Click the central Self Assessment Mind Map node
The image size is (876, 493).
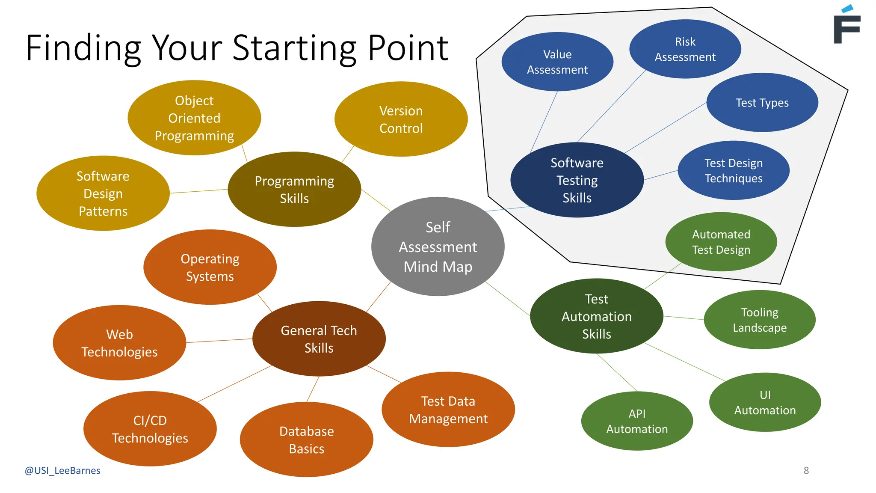(438, 246)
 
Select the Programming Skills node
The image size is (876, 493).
(294, 189)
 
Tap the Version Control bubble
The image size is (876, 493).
(401, 119)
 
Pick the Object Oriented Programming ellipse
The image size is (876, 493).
(194, 118)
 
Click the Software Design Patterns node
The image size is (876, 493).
(103, 193)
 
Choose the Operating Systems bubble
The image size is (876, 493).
(210, 267)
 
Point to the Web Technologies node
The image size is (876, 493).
(119, 343)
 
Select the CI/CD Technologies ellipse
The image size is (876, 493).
(150, 429)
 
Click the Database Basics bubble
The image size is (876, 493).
(306, 440)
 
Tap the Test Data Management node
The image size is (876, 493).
(448, 410)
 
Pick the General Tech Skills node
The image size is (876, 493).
(319, 339)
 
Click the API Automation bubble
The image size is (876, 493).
(636, 421)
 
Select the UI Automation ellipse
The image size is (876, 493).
(765, 402)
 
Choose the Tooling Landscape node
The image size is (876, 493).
(759, 320)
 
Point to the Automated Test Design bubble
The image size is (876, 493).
(721, 242)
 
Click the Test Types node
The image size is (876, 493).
(762, 103)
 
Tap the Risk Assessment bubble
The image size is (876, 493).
(685, 49)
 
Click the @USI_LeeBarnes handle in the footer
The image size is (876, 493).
(62, 471)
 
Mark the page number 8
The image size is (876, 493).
(806, 471)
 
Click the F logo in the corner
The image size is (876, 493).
(846, 26)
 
